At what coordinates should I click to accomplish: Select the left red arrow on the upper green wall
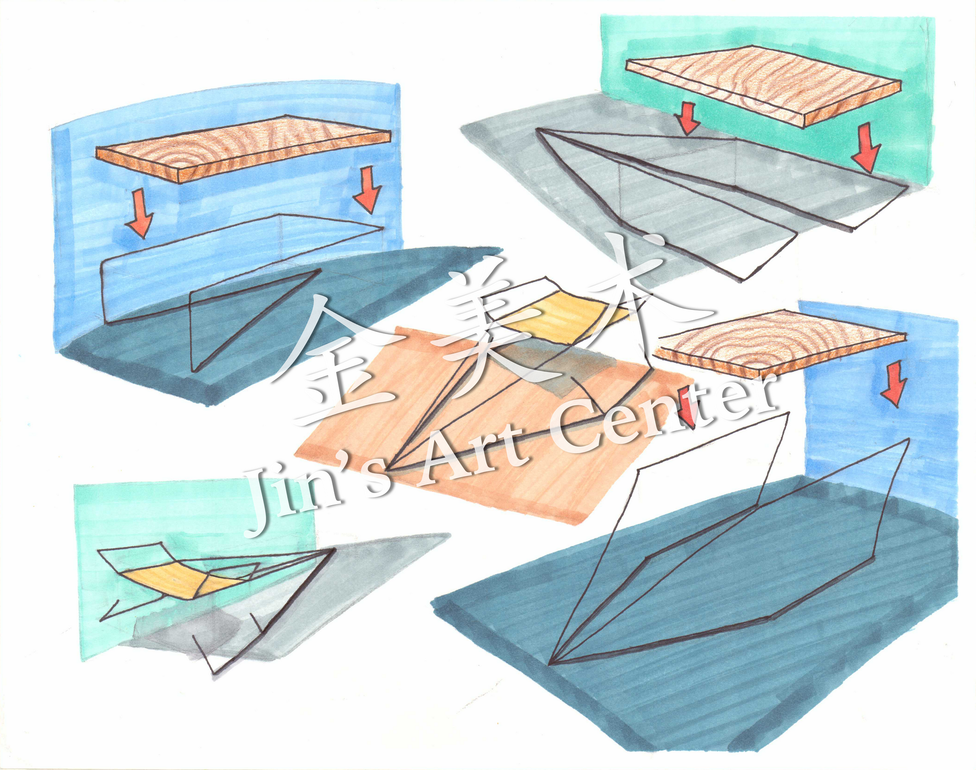(x=687, y=118)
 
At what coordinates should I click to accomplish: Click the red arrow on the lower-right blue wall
(x=893, y=385)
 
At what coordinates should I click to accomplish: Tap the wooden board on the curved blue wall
(x=243, y=146)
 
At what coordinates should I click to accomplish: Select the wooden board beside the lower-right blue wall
(x=780, y=342)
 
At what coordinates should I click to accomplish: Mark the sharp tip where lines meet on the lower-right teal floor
(x=550, y=664)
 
